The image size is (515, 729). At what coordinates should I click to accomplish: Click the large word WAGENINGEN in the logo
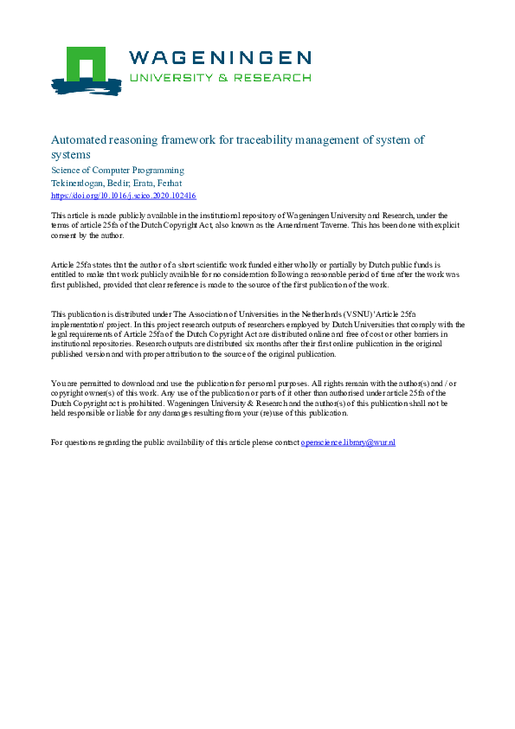(220, 58)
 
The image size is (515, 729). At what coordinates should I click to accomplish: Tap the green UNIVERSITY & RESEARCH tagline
(220, 77)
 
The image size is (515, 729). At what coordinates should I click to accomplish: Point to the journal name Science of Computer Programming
(118, 171)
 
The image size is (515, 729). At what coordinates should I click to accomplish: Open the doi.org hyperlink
(124, 197)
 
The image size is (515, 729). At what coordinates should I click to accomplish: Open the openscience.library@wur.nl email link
(348, 442)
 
